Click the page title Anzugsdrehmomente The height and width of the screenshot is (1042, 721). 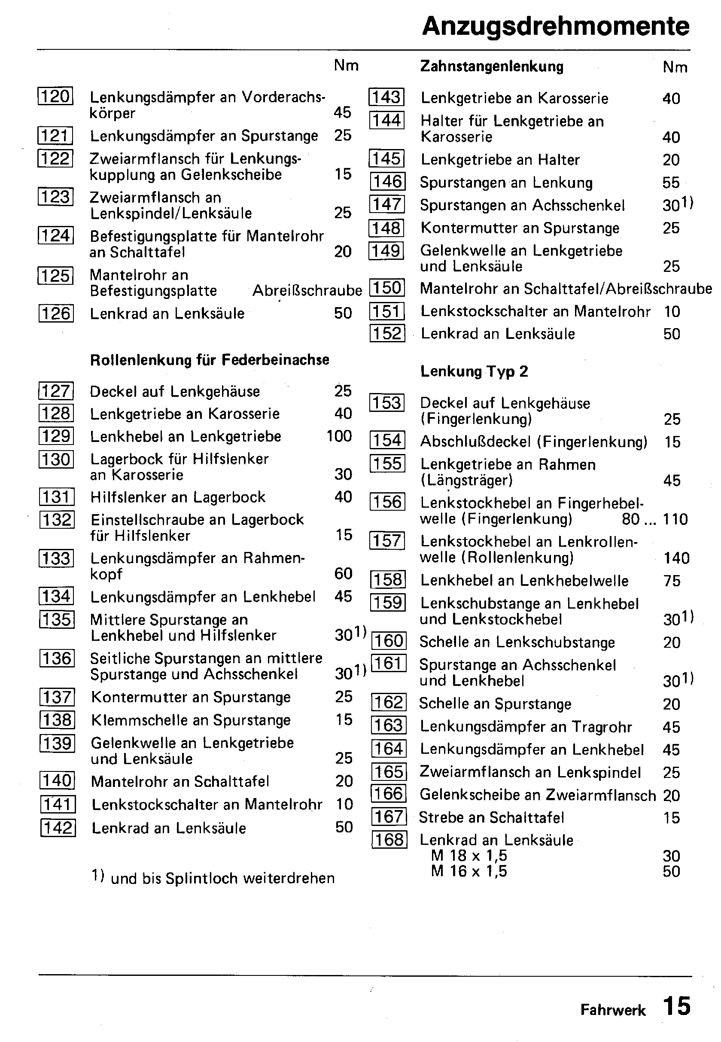555,26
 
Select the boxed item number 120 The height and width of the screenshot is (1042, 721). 55,96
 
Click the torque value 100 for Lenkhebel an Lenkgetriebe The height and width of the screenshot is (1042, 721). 339,436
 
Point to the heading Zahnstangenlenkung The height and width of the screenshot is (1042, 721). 492,67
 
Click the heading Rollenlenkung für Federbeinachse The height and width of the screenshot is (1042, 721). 210,360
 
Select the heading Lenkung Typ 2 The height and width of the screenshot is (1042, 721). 474,372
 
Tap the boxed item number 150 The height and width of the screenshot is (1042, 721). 387,288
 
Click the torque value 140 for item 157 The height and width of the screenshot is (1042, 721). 676,558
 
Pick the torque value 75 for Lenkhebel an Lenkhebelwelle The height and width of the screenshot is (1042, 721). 672,581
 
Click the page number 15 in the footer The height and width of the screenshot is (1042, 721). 677,1006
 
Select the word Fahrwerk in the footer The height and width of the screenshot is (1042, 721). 613,1010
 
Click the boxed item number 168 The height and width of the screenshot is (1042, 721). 389,840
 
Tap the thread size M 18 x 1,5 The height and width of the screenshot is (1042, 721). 469,856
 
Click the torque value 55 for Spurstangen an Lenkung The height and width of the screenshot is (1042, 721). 671,183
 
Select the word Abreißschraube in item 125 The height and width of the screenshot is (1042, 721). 307,290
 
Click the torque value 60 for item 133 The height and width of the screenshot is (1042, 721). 344,573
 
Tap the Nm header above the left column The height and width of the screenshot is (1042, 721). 346,66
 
